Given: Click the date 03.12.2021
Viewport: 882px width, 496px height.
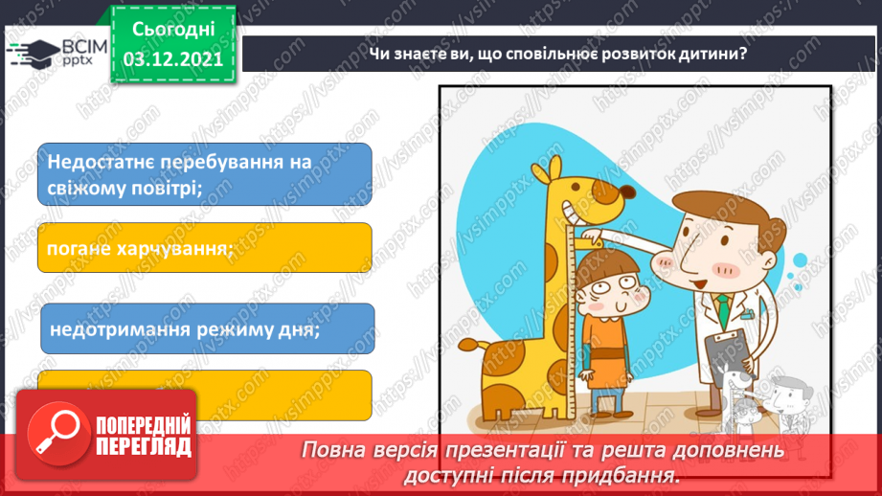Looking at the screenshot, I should point(173,57).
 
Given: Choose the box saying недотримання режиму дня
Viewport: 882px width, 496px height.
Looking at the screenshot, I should point(206,329).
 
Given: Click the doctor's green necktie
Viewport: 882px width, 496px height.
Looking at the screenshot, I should point(719,309).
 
